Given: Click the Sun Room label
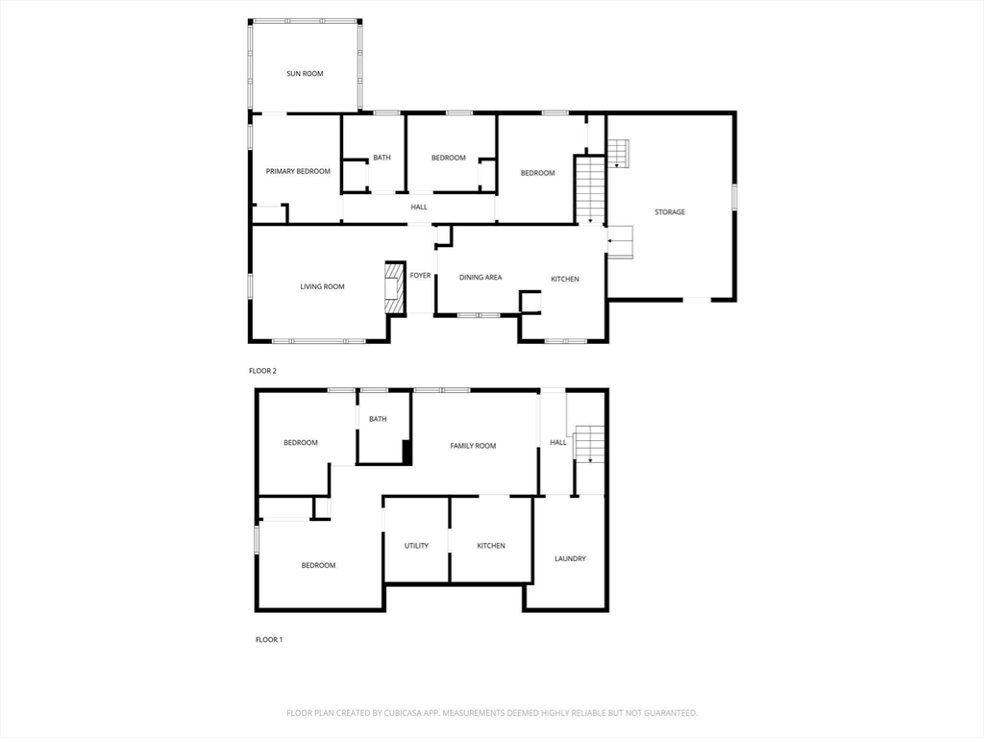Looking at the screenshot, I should (x=305, y=73).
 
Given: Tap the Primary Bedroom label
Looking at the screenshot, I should (x=298, y=171).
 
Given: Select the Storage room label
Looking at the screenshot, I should (x=670, y=211).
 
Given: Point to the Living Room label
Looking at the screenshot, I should (x=322, y=286).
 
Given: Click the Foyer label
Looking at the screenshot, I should (x=421, y=276).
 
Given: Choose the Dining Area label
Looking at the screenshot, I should (x=480, y=278).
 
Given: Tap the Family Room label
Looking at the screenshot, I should (x=474, y=446).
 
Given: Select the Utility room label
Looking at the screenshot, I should (x=416, y=546).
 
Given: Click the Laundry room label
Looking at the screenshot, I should (x=570, y=558).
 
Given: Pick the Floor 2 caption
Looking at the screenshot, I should (x=263, y=370).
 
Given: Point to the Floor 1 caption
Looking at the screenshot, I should (x=269, y=639).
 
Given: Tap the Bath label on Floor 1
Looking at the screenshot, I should (x=378, y=419).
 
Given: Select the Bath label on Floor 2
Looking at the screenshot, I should (x=382, y=158).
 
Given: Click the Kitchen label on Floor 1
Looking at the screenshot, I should (x=491, y=546).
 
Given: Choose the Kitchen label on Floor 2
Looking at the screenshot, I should (x=565, y=279).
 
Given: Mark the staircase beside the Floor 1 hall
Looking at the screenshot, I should (x=589, y=445).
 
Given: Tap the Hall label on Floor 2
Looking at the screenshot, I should (x=419, y=207).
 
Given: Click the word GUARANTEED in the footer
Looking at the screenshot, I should (x=668, y=713).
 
